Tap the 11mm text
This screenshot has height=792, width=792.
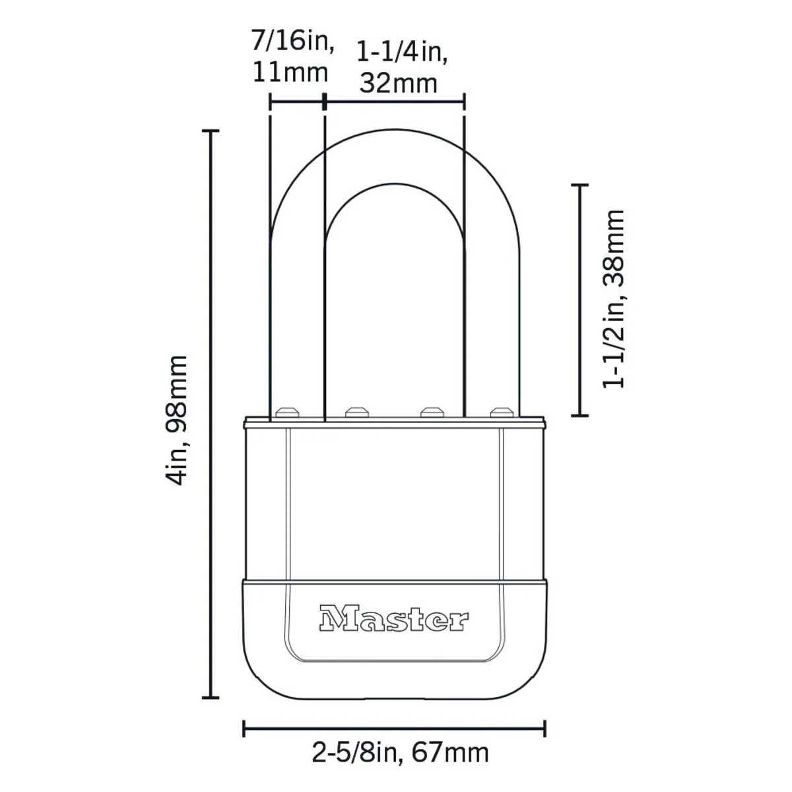tap(290, 72)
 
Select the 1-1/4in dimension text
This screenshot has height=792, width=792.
tap(403, 51)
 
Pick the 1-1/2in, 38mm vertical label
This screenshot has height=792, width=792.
tap(614, 299)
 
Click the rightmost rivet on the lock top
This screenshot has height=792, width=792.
tap(501, 412)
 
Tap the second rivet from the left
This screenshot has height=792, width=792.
tap(357, 412)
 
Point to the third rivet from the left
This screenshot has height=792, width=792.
tap(430, 412)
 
